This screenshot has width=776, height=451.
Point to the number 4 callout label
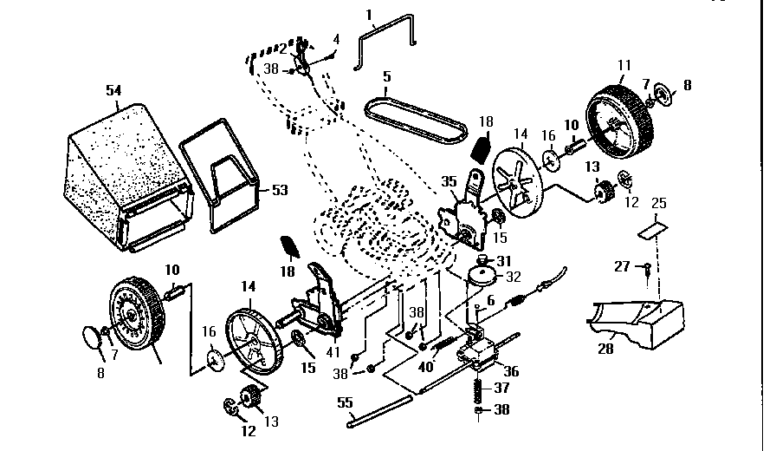click(337, 38)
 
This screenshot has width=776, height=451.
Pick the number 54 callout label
click(114, 90)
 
